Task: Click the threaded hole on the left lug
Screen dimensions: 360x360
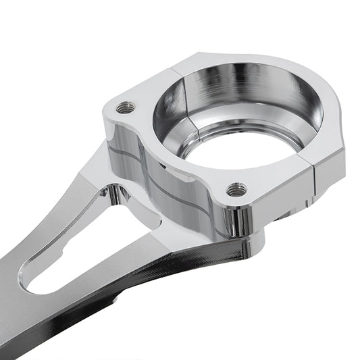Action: click(123, 107)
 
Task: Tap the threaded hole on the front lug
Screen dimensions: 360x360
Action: click(236, 190)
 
